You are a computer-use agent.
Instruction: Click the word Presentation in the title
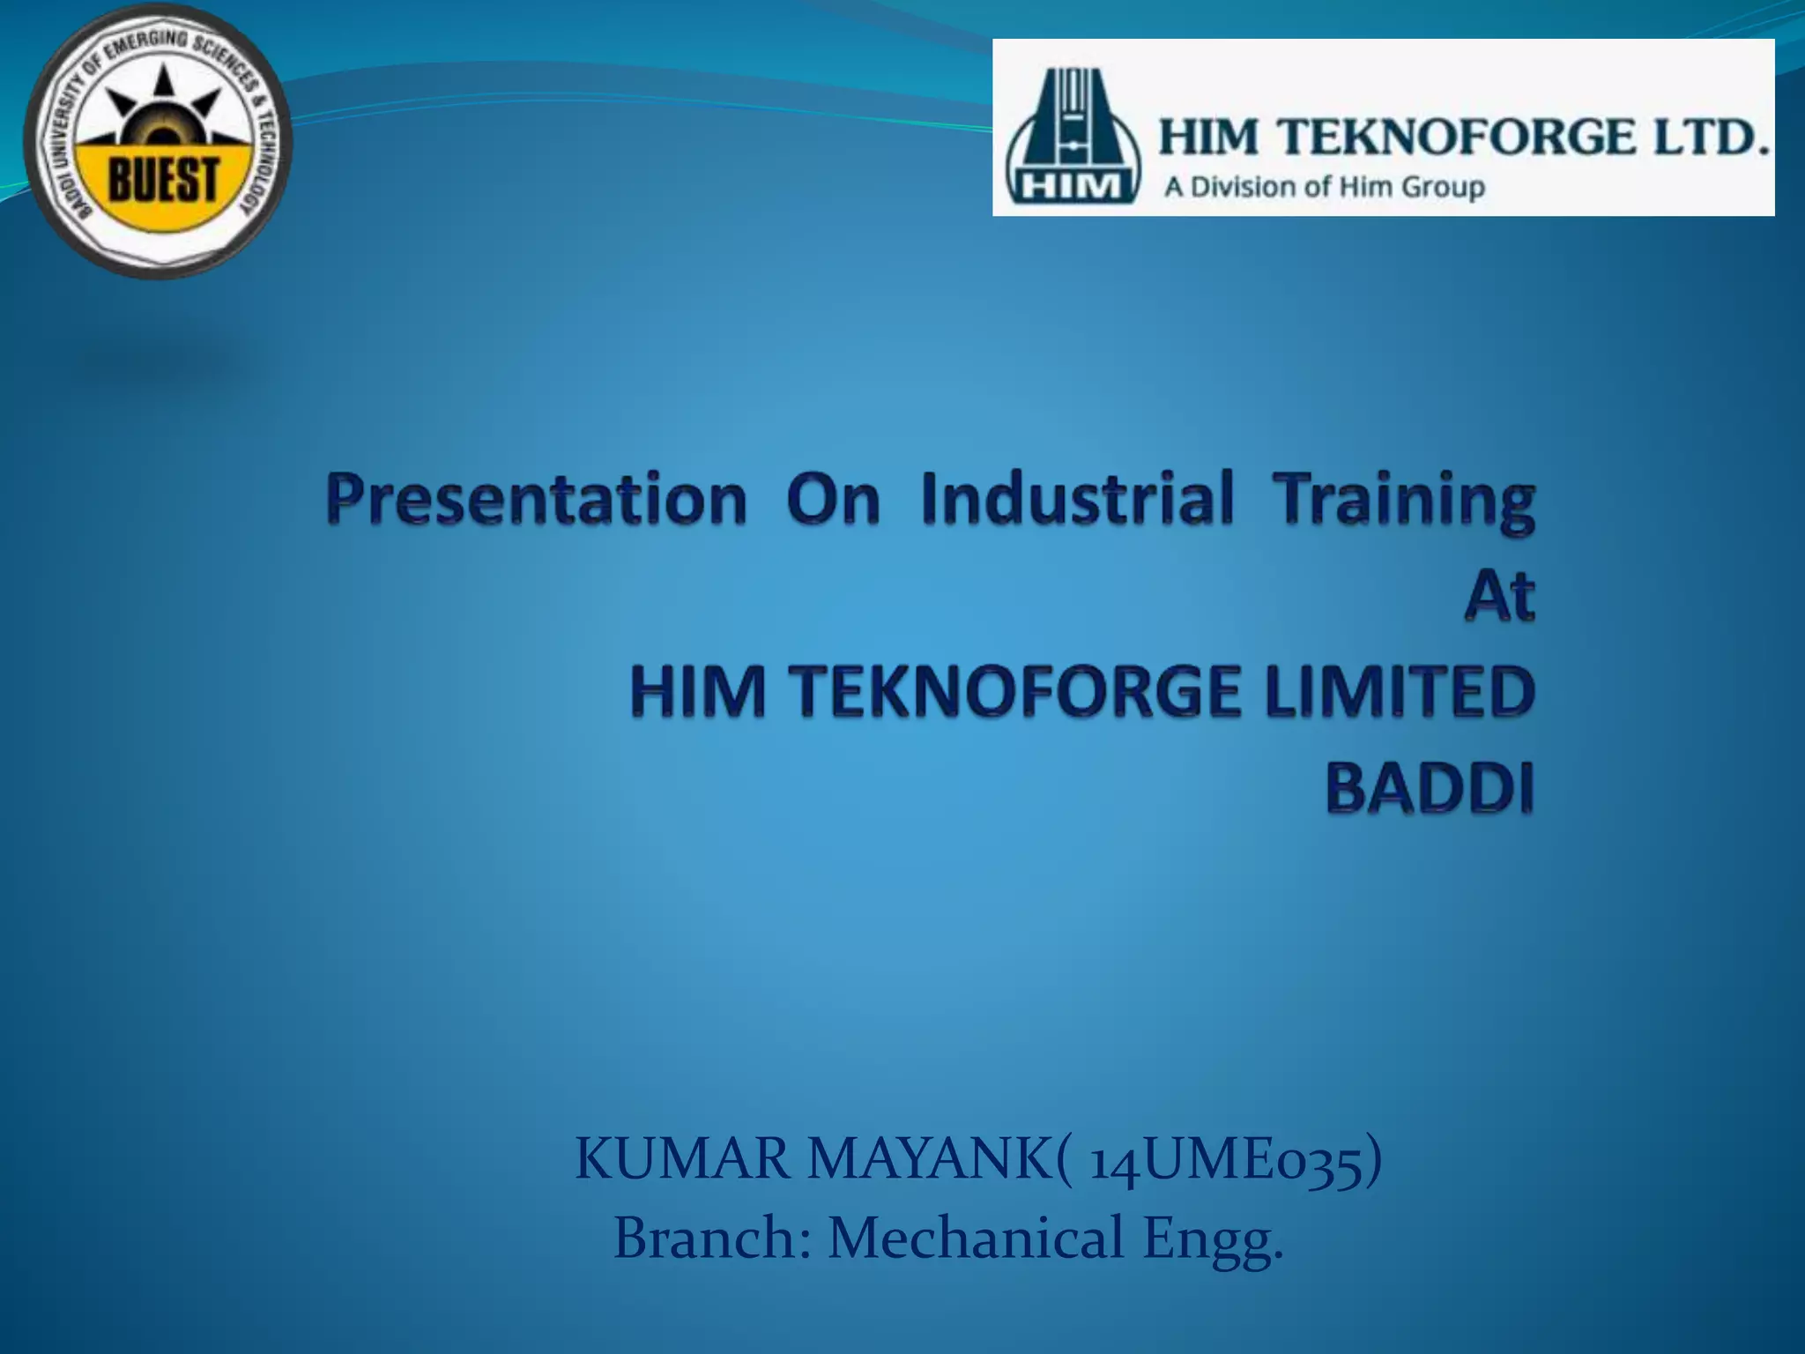[x=536, y=500]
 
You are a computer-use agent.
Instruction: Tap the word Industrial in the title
[x=1077, y=498]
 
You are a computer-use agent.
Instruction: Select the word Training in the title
[x=1406, y=500]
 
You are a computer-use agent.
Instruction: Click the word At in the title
[x=1499, y=597]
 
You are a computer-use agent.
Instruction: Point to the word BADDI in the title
[x=1430, y=786]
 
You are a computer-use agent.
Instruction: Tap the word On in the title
[x=833, y=500]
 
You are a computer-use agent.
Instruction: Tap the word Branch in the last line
[x=711, y=1238]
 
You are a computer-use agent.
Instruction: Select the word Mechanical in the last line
[x=976, y=1238]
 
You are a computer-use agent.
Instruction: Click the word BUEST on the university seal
[x=162, y=180]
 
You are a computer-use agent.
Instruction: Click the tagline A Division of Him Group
[x=1324, y=187]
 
